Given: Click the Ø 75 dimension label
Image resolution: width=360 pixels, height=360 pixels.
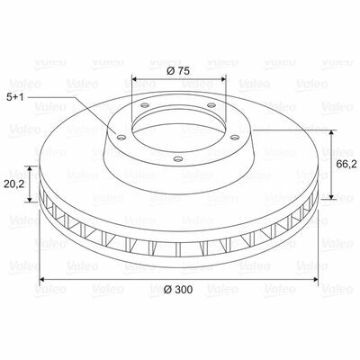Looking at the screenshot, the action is point(178,71).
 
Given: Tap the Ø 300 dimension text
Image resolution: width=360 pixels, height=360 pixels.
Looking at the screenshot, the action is point(178,290).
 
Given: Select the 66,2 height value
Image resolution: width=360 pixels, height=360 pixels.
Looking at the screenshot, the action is point(346,164).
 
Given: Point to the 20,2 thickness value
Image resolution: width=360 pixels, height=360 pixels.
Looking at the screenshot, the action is point(14,184).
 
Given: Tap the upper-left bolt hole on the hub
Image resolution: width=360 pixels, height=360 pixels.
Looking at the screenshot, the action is point(145,105).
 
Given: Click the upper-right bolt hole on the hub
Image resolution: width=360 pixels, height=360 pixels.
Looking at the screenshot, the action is point(211,105).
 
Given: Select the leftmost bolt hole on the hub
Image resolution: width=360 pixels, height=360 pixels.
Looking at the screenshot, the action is point(121,138).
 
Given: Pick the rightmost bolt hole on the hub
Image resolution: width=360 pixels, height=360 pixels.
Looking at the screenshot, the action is point(234,137).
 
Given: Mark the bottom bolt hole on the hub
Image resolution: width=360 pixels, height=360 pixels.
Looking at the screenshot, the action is point(178,158).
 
